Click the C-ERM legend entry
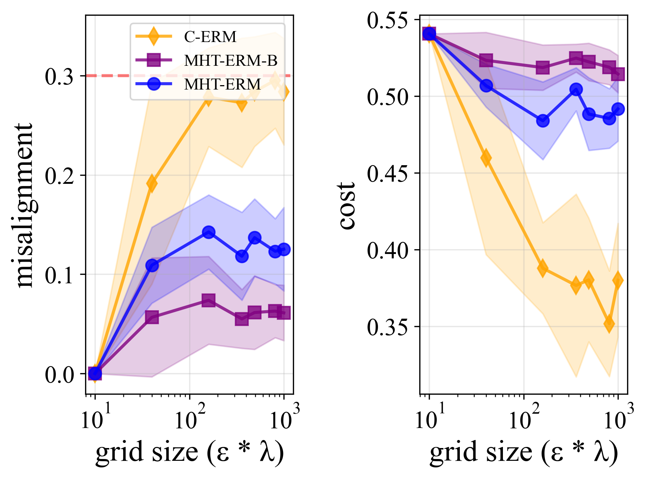click(210, 37)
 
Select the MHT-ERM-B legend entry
click(230, 60)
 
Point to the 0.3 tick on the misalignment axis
click(60, 76)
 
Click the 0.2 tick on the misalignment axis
click(60, 176)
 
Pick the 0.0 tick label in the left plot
click(60, 375)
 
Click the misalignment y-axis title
click(21, 205)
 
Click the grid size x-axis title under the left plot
click(190, 452)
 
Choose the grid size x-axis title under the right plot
click(524, 452)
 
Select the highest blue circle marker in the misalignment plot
click(209, 232)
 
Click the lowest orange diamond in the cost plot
click(609, 324)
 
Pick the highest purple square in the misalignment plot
click(209, 300)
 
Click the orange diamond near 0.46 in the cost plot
click(486, 158)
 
